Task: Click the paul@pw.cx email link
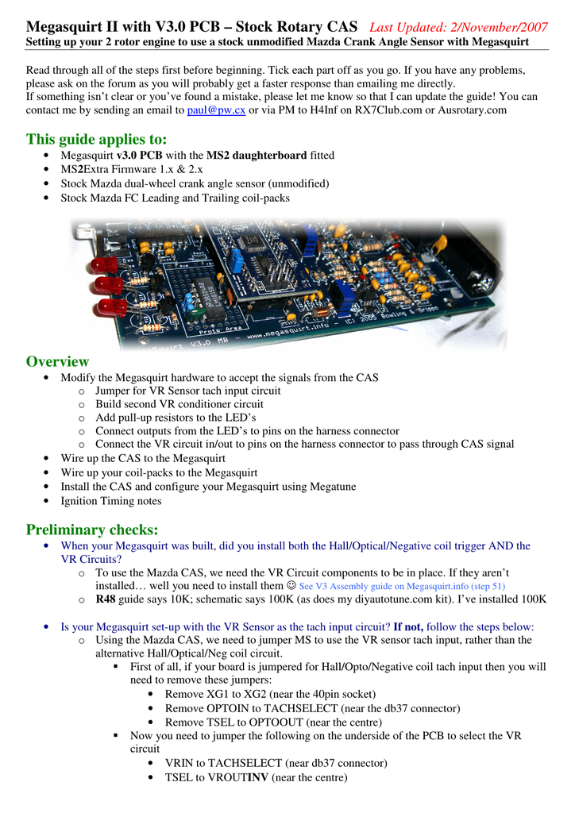(216, 110)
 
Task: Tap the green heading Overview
(57, 361)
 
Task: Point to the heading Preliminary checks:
(92, 530)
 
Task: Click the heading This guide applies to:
(96, 139)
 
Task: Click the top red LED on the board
(104, 265)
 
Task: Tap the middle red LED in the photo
(108, 285)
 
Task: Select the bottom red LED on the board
(111, 307)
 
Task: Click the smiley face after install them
(291, 585)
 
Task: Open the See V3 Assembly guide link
(402, 586)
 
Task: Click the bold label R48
(106, 599)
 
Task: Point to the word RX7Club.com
(388, 110)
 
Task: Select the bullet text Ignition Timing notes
(111, 501)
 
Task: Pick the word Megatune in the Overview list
(333, 487)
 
